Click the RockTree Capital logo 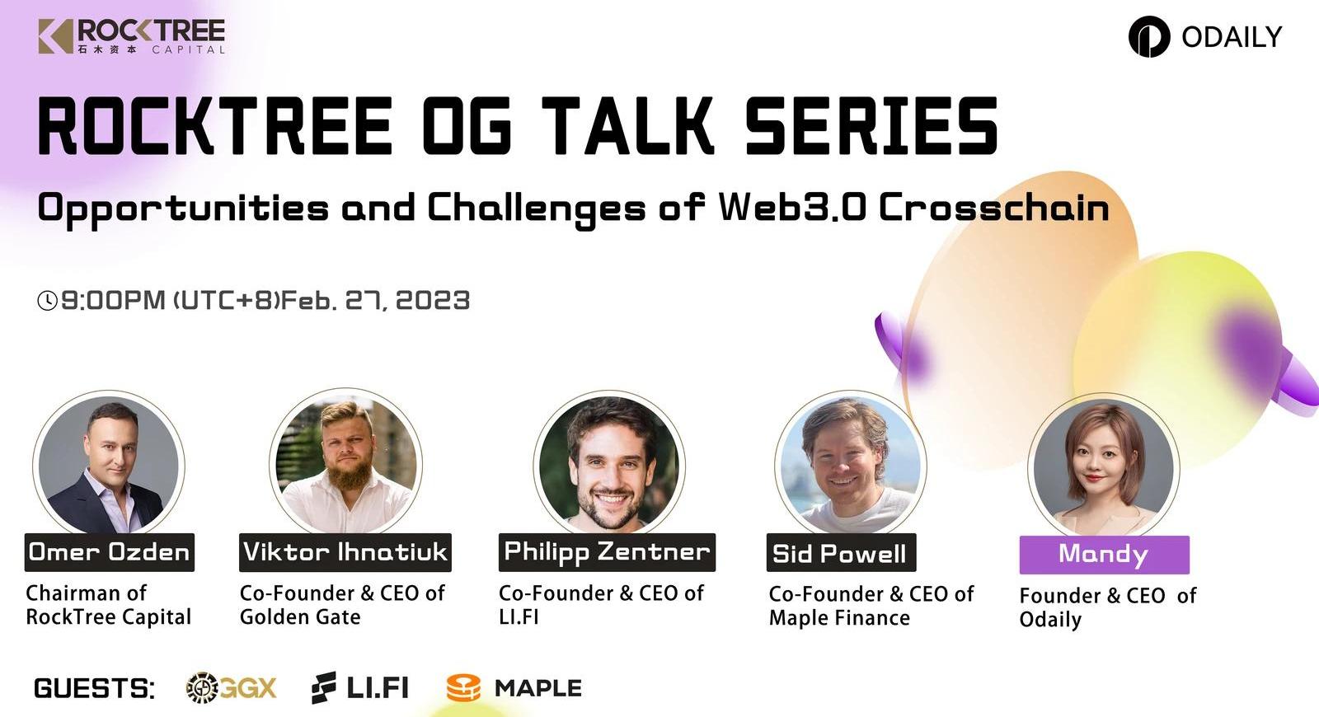(131, 36)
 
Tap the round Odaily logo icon (1149, 36)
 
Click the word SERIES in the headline (871, 126)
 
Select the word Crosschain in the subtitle (994, 208)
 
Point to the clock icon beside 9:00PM (47, 300)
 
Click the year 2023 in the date (433, 300)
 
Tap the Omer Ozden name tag (110, 552)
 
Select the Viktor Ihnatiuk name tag (345, 552)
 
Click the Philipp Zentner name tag (607, 552)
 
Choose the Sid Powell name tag (842, 552)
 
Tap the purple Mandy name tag (1105, 555)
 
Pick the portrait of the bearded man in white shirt (346, 462)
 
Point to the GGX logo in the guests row (231, 687)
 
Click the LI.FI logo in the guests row (359, 687)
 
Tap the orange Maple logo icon (463, 688)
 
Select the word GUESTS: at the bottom (94, 688)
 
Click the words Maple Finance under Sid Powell (839, 618)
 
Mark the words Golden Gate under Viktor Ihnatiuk (300, 617)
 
